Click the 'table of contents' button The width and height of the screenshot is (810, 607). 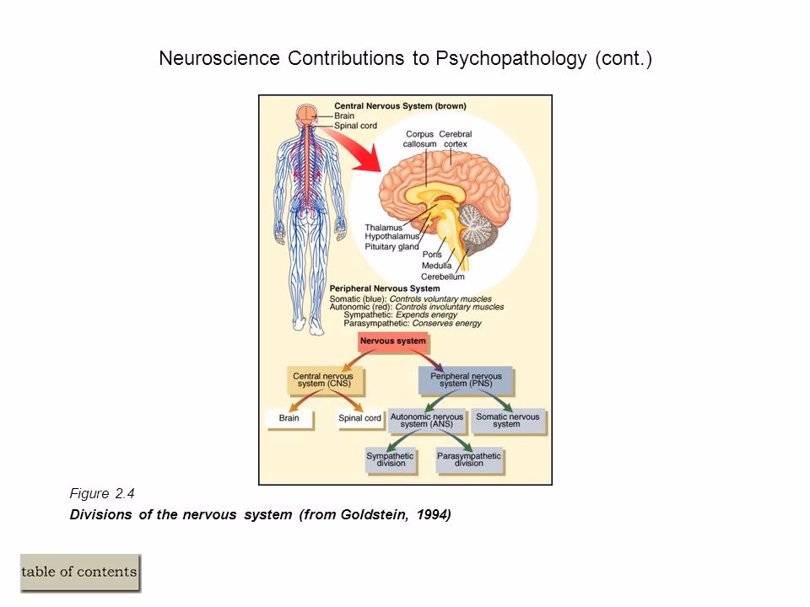(x=80, y=572)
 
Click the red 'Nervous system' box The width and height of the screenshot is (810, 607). (x=392, y=343)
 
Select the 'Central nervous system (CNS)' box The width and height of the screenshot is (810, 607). (x=327, y=380)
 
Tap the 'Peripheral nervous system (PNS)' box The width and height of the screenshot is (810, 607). (x=466, y=380)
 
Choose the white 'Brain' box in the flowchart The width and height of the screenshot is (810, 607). (x=289, y=417)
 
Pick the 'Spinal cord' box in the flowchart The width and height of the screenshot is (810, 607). (x=360, y=417)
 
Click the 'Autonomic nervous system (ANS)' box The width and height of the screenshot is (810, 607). (x=426, y=420)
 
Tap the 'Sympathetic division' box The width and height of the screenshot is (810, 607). (x=391, y=459)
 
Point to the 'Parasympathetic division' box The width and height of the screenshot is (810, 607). (x=468, y=459)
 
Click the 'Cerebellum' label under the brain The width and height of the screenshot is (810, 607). (x=442, y=277)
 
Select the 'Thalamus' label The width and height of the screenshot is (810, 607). (x=383, y=227)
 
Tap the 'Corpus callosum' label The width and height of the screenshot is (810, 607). (x=420, y=139)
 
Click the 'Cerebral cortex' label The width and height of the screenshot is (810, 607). (x=456, y=139)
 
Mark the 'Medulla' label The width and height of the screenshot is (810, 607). (x=438, y=266)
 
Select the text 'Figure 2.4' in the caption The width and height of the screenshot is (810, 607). (x=100, y=495)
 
